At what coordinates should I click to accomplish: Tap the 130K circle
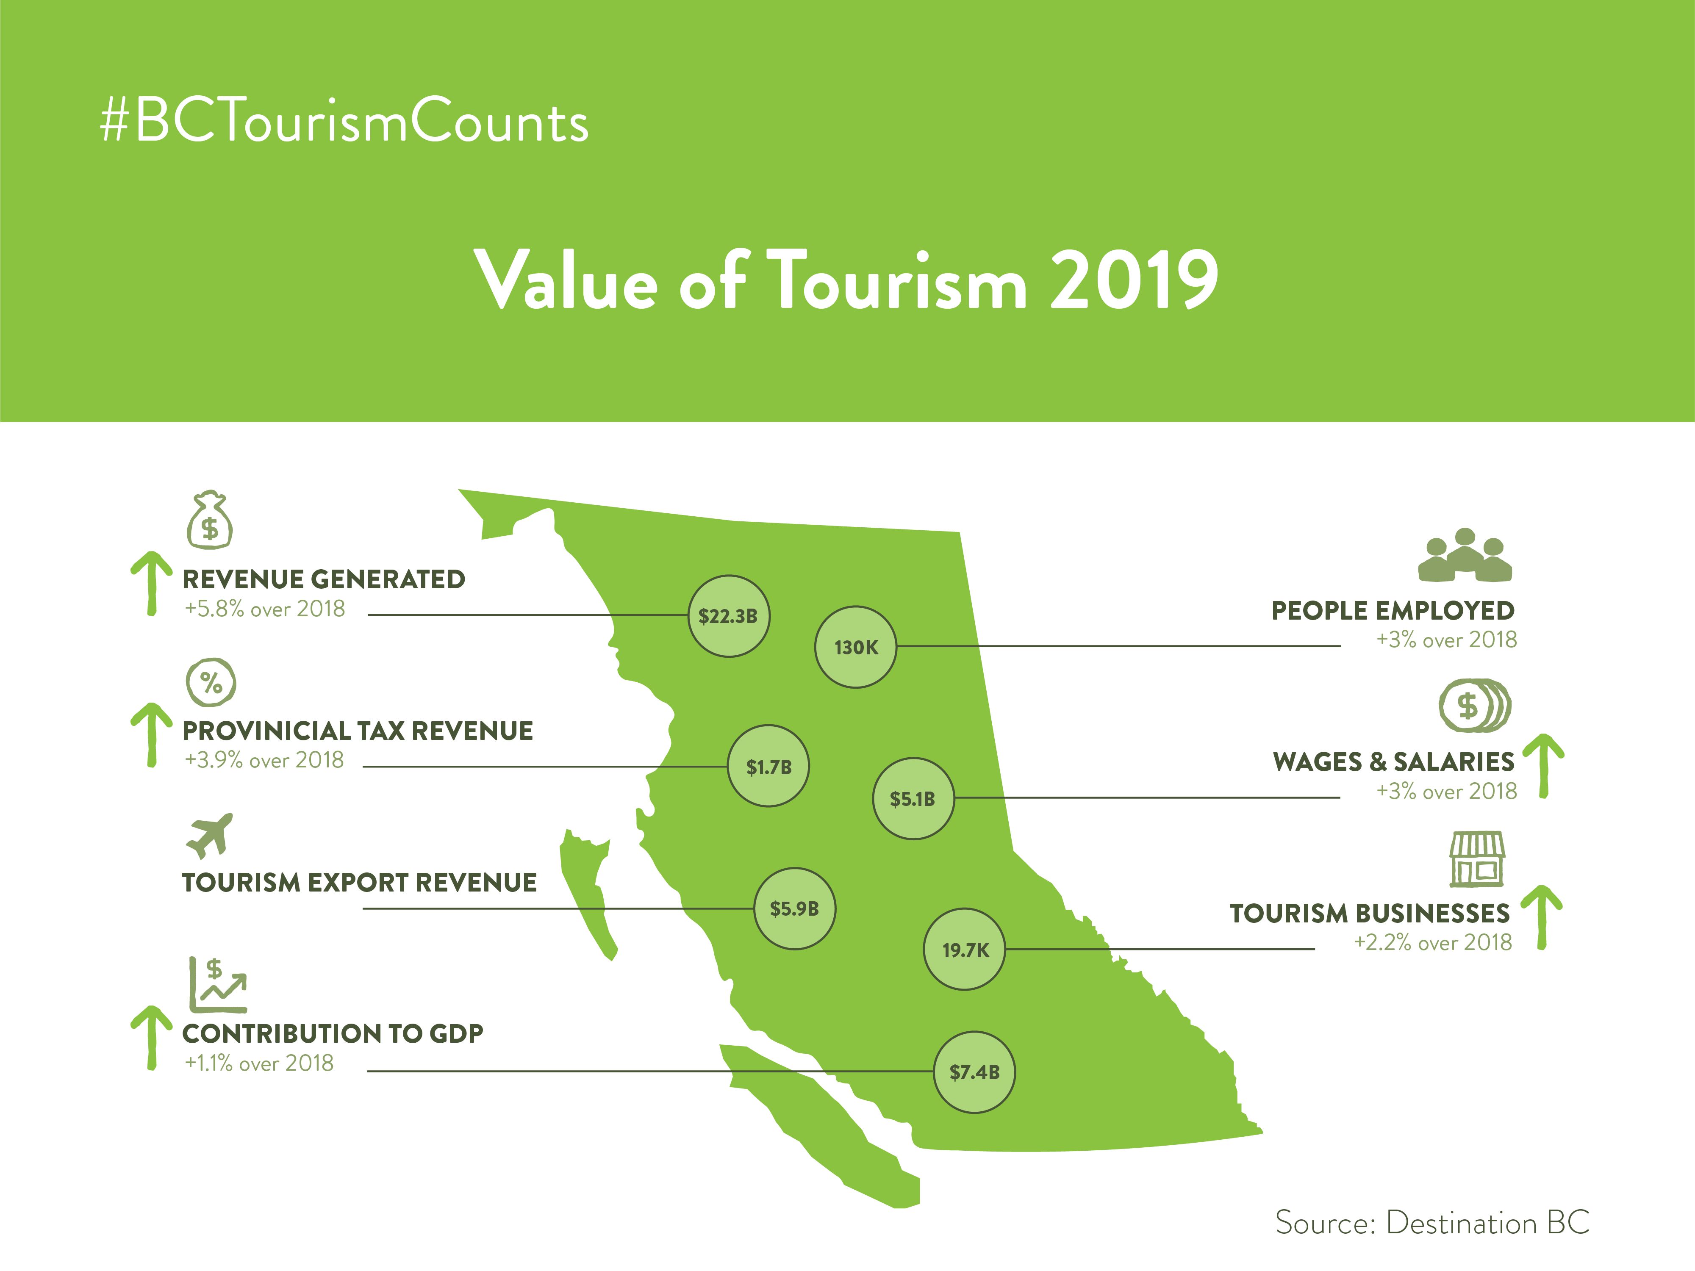[x=855, y=648]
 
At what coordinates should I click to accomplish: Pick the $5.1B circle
[x=913, y=798]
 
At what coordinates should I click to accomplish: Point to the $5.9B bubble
[x=795, y=908]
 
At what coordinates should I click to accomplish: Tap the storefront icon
[x=1477, y=859]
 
